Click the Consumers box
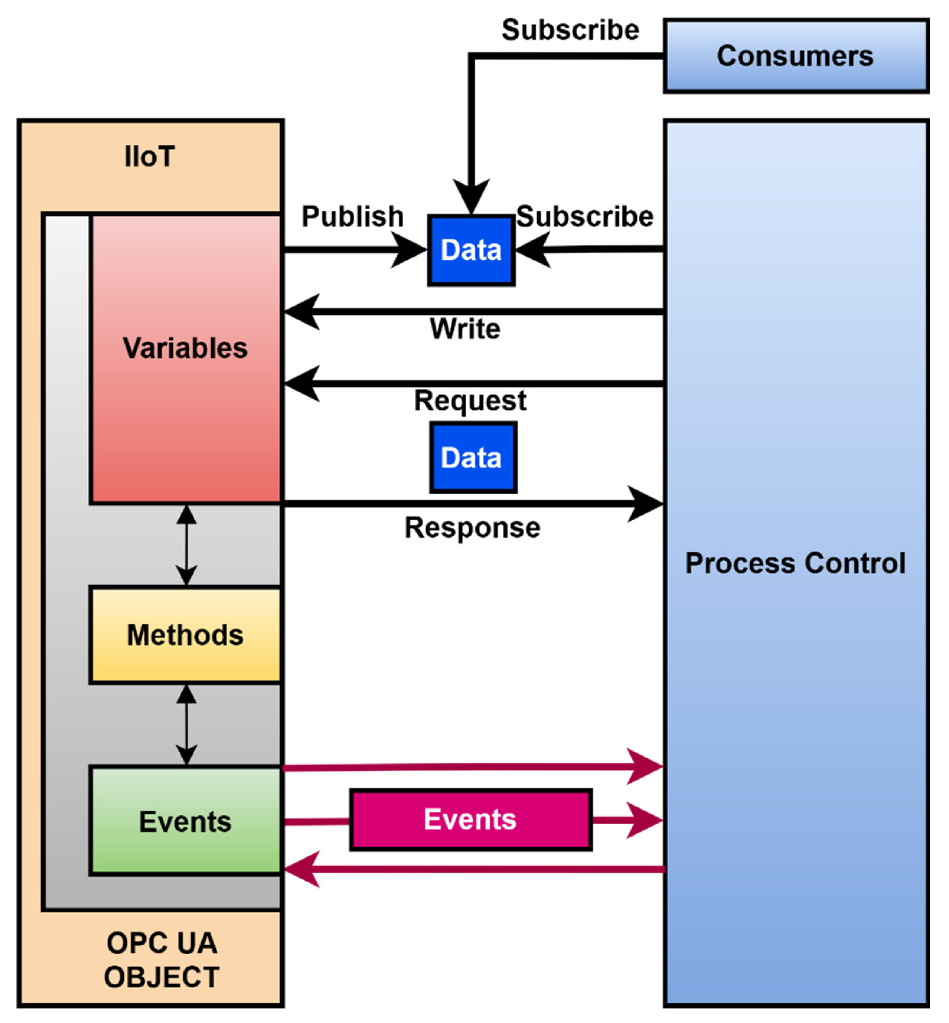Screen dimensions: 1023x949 tap(795, 56)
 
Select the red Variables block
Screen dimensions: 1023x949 tap(186, 358)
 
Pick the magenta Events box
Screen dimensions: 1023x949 tap(470, 819)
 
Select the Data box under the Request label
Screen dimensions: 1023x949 tap(473, 458)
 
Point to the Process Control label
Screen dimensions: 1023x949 tap(795, 563)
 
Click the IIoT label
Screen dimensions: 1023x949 tap(149, 157)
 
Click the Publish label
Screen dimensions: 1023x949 tap(352, 216)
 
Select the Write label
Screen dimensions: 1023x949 tap(465, 328)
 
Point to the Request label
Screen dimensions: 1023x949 tap(470, 400)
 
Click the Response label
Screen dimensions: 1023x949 tap(472, 528)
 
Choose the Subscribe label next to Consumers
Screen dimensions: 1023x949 tap(570, 30)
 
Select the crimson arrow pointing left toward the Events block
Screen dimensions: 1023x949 tap(472, 869)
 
